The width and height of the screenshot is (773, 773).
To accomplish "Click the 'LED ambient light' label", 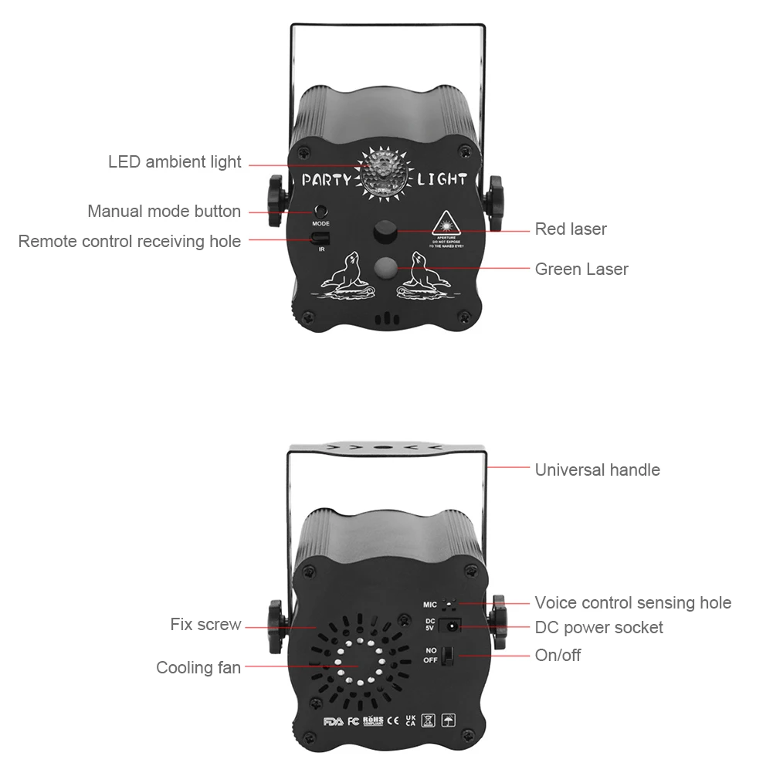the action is [x=175, y=162].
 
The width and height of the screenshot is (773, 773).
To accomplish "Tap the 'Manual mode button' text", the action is [x=164, y=211].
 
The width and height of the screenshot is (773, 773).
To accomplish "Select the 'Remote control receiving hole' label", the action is [x=130, y=242].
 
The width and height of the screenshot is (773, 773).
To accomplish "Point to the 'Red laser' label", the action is [x=571, y=229].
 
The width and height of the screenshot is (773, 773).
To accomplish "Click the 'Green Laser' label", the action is [x=581, y=269].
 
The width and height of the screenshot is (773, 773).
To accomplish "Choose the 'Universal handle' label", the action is [x=597, y=470].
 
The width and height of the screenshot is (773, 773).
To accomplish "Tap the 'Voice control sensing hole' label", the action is [x=632, y=602].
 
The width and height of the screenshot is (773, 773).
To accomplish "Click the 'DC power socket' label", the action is [x=598, y=627].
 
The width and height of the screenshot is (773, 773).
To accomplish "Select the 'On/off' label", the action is [x=558, y=655].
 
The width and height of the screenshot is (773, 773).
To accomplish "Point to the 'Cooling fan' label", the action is [x=198, y=667].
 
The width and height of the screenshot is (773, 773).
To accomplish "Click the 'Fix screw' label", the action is [x=205, y=624].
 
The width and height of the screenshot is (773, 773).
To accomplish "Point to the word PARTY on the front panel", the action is [x=327, y=180].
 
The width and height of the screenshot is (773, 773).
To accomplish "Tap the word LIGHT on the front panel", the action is [x=442, y=180].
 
